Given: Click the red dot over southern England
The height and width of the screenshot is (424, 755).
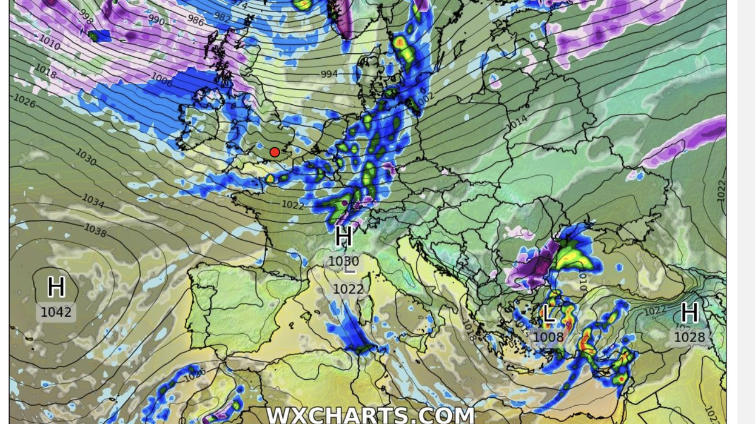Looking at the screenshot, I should pyautogui.click(x=275, y=152).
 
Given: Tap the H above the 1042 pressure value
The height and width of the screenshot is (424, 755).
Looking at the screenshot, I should pyautogui.click(x=56, y=287).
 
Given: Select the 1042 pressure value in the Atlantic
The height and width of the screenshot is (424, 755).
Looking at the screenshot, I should pyautogui.click(x=56, y=313).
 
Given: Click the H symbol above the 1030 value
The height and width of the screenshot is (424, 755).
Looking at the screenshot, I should pyautogui.click(x=344, y=236).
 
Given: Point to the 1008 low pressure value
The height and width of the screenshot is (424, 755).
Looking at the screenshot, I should pyautogui.click(x=548, y=337).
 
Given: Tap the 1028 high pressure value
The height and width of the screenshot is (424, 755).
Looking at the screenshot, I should pyautogui.click(x=690, y=337).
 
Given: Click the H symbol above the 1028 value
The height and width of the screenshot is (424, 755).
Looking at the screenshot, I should pyautogui.click(x=690, y=313).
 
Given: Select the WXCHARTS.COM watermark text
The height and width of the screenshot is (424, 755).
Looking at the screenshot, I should pyautogui.click(x=370, y=416).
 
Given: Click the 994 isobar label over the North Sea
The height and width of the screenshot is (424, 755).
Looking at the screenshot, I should pyautogui.click(x=329, y=75).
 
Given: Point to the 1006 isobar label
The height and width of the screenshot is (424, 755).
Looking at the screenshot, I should pyautogui.click(x=161, y=78).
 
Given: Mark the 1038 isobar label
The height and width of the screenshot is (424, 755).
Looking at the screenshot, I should pyautogui.click(x=95, y=231).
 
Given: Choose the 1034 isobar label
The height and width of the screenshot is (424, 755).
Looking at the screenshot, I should pyautogui.click(x=93, y=200).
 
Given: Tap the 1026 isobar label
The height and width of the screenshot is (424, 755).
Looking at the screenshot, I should pyautogui.click(x=24, y=101).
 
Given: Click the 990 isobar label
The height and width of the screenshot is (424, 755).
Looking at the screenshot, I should pyautogui.click(x=156, y=21).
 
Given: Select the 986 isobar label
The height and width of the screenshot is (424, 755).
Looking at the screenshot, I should pyautogui.click(x=196, y=21).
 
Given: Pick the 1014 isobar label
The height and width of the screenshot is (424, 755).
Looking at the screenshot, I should pyautogui.click(x=516, y=122).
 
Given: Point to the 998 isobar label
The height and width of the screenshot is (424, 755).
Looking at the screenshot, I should pyautogui.click(x=86, y=18).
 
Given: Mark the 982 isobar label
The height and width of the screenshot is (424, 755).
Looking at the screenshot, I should pyautogui.click(x=222, y=18).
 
